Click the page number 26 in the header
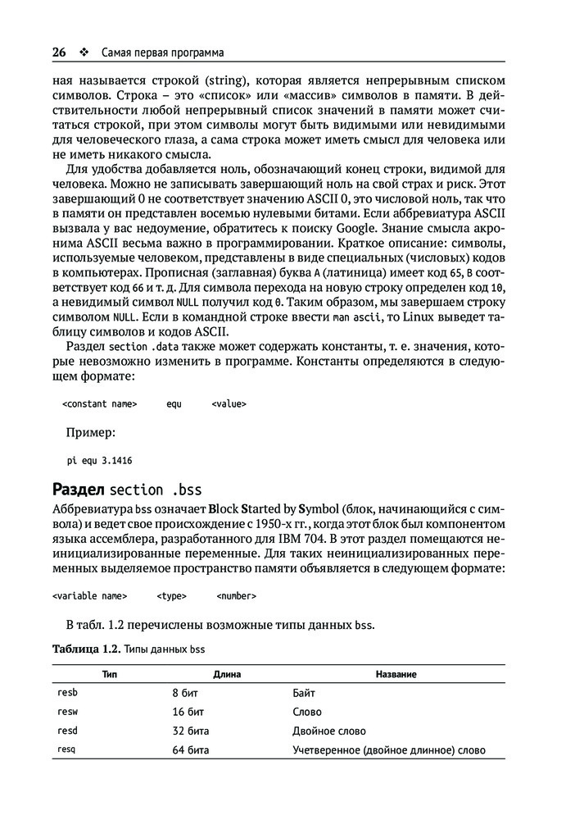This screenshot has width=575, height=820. tap(59, 52)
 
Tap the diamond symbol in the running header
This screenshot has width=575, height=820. tap(84, 52)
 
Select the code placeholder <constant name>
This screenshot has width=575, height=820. tap(99, 403)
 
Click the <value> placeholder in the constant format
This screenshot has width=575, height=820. tap(229, 403)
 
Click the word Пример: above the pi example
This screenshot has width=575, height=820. tap(90, 432)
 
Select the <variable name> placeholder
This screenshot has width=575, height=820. tap(89, 596)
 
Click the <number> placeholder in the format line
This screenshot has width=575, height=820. tap(237, 596)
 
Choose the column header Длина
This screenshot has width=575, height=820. tap(226, 674)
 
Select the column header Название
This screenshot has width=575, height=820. tap(396, 674)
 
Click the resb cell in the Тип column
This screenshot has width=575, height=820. tap(67, 693)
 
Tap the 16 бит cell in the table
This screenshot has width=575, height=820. tap(188, 712)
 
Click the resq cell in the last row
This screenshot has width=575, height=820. tap(67, 749)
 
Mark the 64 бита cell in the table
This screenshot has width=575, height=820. tap(191, 749)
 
